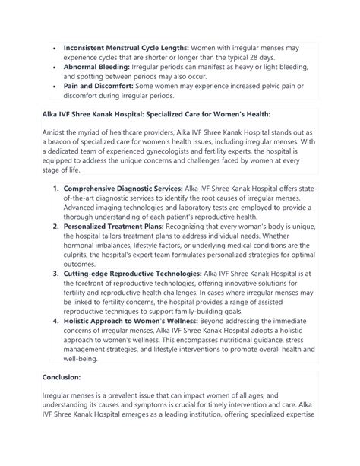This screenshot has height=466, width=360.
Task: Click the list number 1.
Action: pyautogui.click(x=56, y=208)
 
